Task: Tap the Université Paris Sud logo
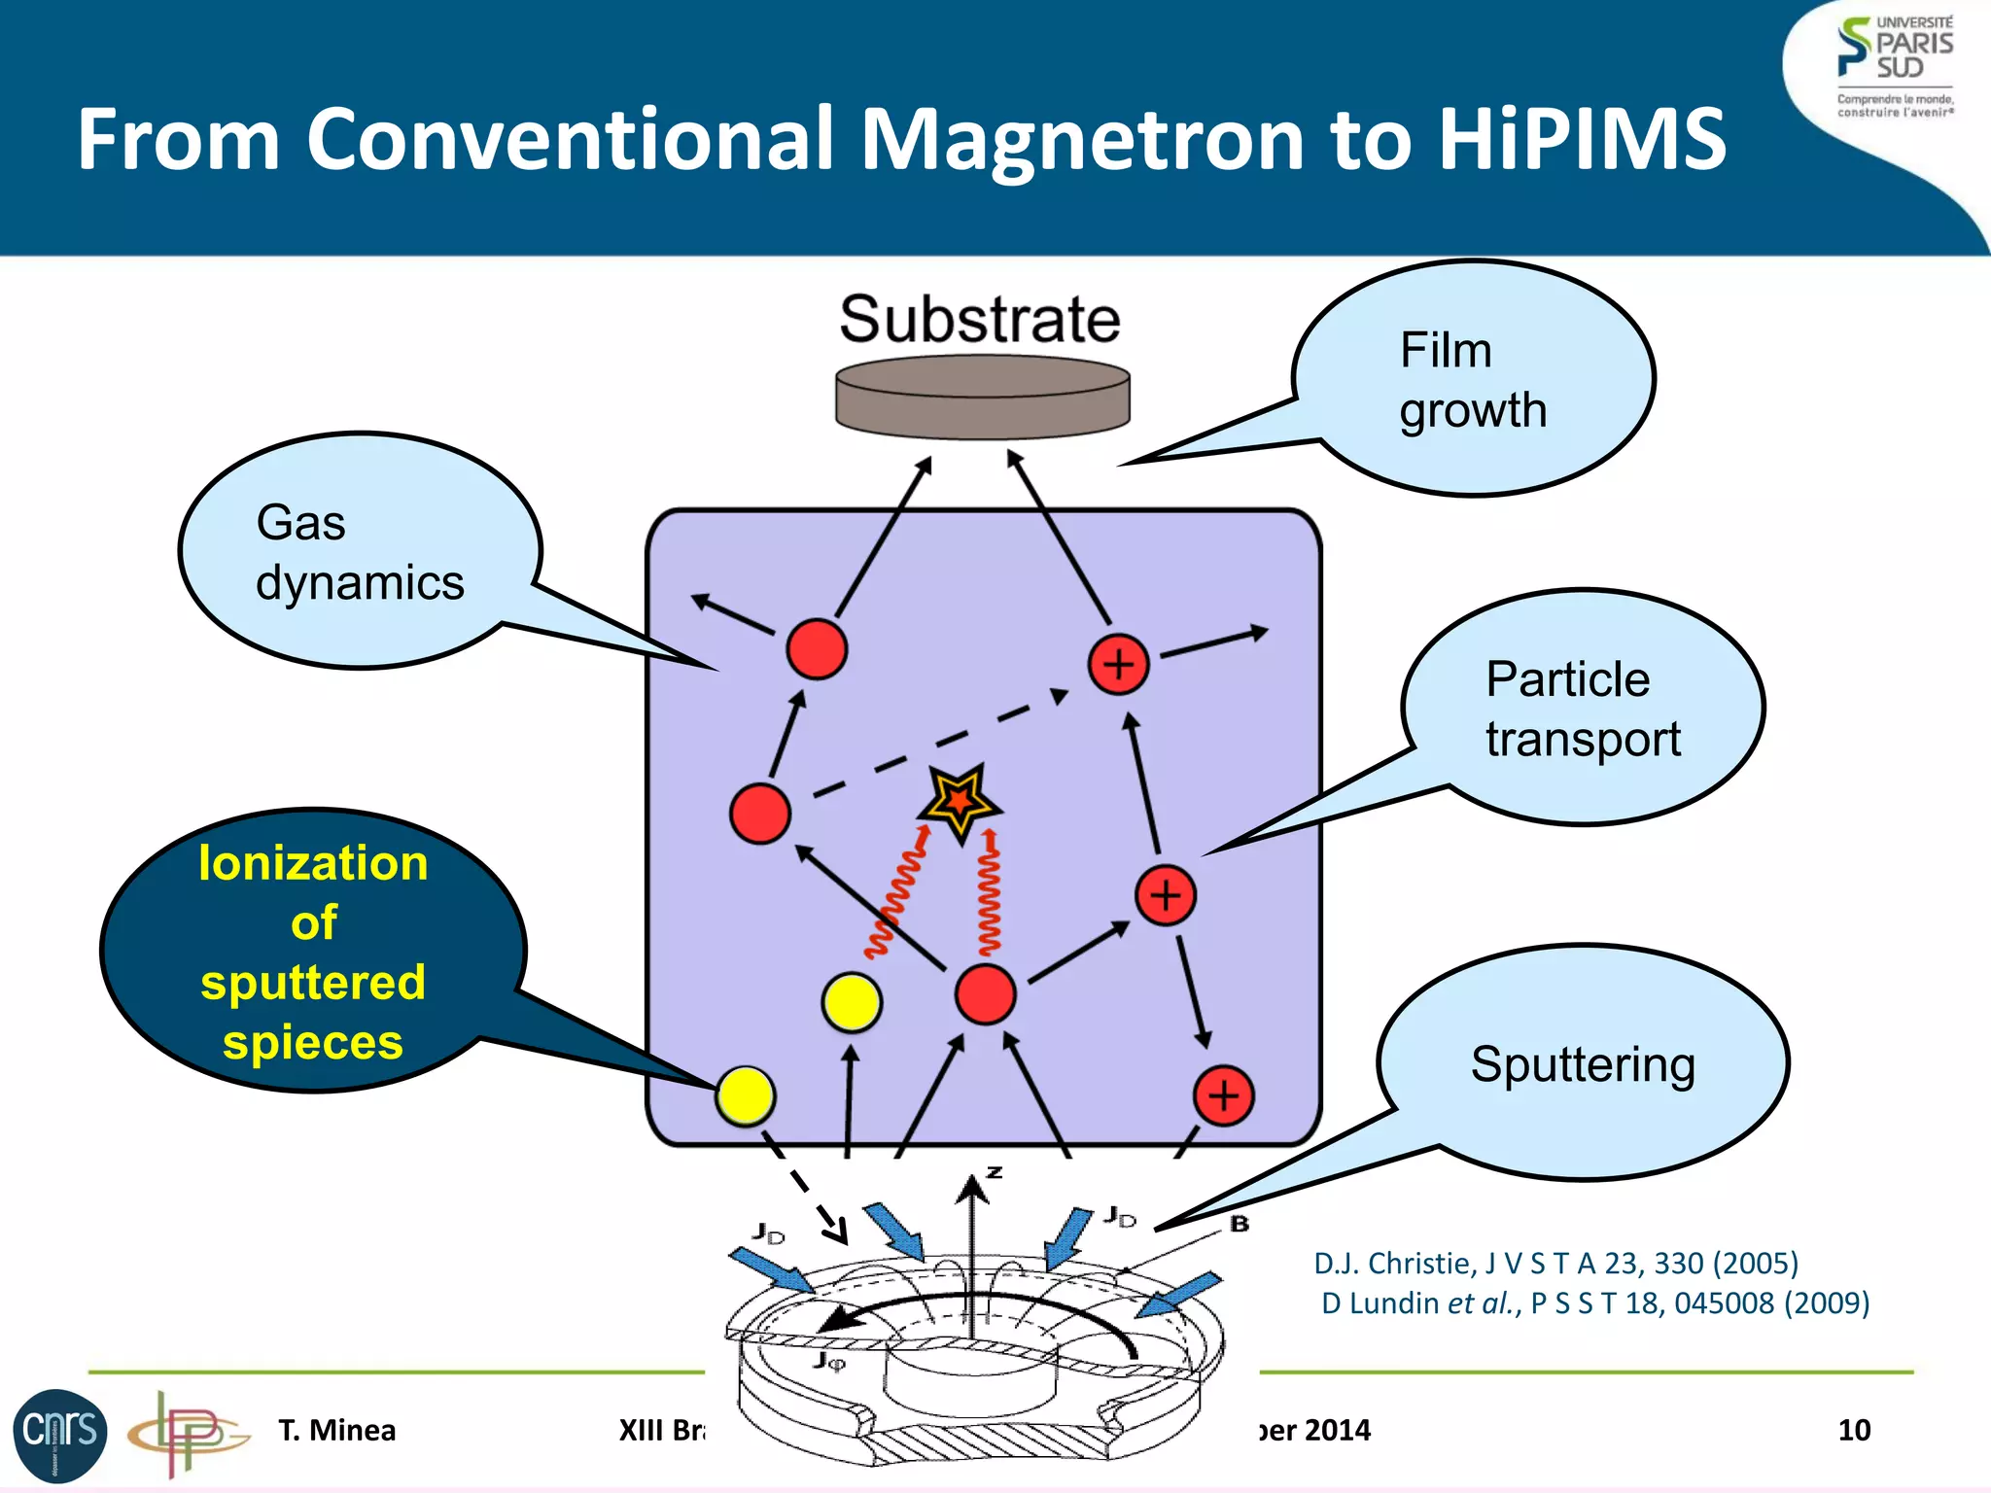[x=1894, y=66]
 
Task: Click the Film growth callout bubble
[x=1473, y=379]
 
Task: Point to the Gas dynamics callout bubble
[x=360, y=551]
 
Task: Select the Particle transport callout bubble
[x=1583, y=708]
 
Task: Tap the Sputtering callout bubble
[x=1583, y=1063]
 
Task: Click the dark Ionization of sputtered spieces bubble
[x=313, y=951]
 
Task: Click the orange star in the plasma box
[x=960, y=801]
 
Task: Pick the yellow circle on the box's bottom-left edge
[x=746, y=1096]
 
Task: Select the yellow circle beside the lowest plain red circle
[x=852, y=1002]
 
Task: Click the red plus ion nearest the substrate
[x=1119, y=665]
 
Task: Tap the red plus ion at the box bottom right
[x=1223, y=1095]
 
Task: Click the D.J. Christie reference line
[x=1555, y=1263]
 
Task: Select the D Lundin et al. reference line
[x=1594, y=1303]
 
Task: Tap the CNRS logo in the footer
[x=60, y=1435]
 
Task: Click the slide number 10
[x=1854, y=1430]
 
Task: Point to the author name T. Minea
[x=336, y=1430]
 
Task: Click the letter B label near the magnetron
[x=1239, y=1224]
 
